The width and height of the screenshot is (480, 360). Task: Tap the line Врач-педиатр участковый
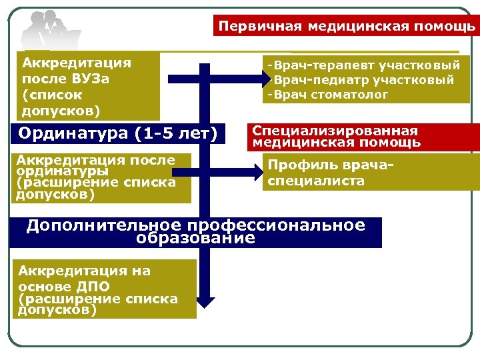(x=363, y=80)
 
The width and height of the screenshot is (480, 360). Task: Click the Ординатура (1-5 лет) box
(x=119, y=133)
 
